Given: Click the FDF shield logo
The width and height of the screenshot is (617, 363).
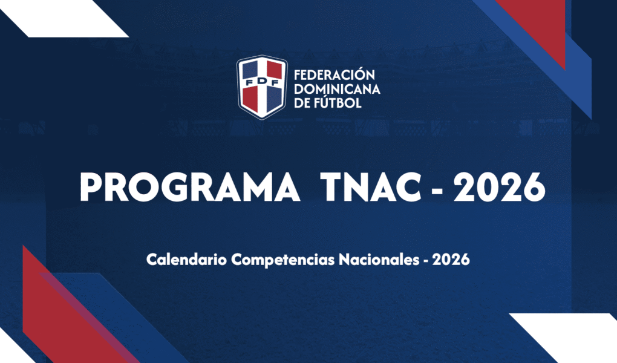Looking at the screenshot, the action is pyautogui.click(x=262, y=87).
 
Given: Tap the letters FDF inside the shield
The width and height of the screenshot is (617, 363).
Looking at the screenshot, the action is pyautogui.click(x=262, y=82).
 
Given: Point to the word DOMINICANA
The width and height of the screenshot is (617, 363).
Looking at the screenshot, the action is pyautogui.click(x=337, y=90).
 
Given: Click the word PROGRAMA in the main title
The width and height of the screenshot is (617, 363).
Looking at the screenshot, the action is pyautogui.click(x=190, y=187).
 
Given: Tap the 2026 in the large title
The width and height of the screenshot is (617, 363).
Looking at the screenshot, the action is pyautogui.click(x=500, y=187).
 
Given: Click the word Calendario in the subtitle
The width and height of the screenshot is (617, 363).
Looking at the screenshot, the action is pyautogui.click(x=186, y=260).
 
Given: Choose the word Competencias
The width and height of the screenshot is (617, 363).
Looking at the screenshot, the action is pyautogui.click(x=283, y=260).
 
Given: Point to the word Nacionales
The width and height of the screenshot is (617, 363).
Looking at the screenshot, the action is pyautogui.click(x=379, y=260).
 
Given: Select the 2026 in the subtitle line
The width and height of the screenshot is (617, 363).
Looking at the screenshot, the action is pyautogui.click(x=451, y=260).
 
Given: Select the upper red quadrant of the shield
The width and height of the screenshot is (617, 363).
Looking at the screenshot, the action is pyautogui.click(x=274, y=70).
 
